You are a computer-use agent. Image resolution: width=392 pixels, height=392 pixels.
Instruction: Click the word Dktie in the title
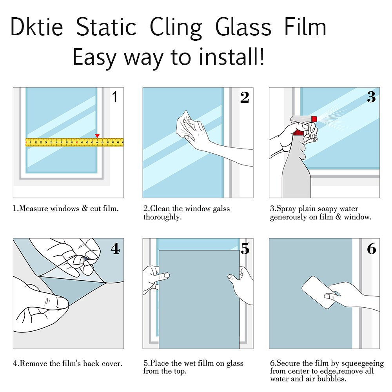pyautogui.click(x=36, y=27)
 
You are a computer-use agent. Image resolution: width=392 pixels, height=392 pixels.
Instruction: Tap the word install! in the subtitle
pyautogui.click(x=232, y=56)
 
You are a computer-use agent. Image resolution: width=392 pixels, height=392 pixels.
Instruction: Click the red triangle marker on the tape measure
pyautogui.click(x=97, y=136)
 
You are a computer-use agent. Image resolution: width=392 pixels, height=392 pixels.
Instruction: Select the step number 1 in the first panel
pyautogui.click(x=115, y=97)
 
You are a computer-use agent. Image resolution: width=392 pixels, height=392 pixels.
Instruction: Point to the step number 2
pyautogui.click(x=245, y=97)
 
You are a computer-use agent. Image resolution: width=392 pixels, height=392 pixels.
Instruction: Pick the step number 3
pyautogui.click(x=371, y=97)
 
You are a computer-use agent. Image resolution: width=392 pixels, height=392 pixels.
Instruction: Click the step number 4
pyautogui.click(x=115, y=249)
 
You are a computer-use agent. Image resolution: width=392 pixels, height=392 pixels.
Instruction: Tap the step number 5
pyautogui.click(x=245, y=249)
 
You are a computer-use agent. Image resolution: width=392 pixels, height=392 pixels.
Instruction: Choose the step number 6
pyautogui.click(x=372, y=249)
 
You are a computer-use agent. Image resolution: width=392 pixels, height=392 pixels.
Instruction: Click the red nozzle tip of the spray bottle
pyautogui.click(x=314, y=119)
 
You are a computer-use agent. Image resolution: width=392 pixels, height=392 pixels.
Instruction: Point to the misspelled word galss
pyautogui.click(x=221, y=209)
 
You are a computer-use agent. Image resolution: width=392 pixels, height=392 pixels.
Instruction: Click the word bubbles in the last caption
pyautogui.click(x=332, y=379)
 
